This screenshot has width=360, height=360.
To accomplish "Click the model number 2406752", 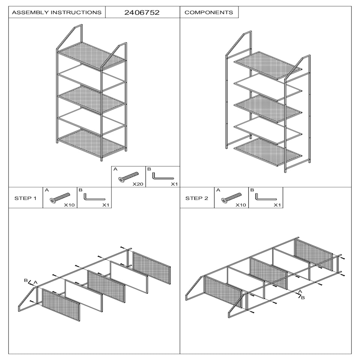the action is pyautogui.click(x=142, y=12).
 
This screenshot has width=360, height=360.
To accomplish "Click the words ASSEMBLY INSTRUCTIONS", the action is pyautogui.click(x=57, y=12).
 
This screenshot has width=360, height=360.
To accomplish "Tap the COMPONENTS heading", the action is pyautogui.click(x=209, y=12).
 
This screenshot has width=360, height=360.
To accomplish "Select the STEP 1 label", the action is pyautogui.click(x=25, y=198).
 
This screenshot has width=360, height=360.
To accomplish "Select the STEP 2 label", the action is pyautogui.click(x=197, y=198).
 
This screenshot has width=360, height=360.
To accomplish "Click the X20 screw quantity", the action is pyautogui.click(x=138, y=184).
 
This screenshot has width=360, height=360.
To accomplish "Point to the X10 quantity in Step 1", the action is pyautogui.click(x=69, y=205).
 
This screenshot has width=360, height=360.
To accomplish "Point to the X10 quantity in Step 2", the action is pyautogui.click(x=241, y=205).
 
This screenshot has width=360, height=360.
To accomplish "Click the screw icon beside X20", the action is pyautogui.click(x=129, y=177).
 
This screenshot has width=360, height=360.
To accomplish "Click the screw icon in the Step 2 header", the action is pyautogui.click(x=231, y=198).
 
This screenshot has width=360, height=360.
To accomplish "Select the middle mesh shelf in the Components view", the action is pyautogui.click(x=268, y=109).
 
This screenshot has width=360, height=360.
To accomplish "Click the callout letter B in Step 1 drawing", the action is pyautogui.click(x=26, y=280).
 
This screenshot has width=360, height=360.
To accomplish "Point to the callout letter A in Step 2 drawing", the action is pyautogui.click(x=300, y=292).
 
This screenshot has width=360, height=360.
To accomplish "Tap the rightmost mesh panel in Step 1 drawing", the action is pyautogui.click(x=151, y=268).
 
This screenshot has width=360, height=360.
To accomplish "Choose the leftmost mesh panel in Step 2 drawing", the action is pyautogui.click(x=223, y=292).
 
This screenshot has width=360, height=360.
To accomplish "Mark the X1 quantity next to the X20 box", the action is pyautogui.click(x=174, y=184).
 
